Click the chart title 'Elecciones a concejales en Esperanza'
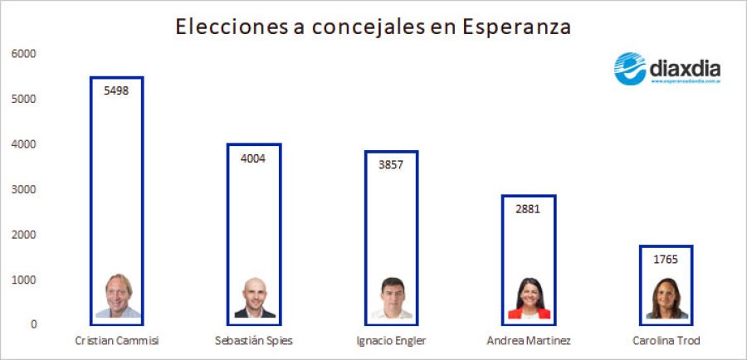pos(373,27)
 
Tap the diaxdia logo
pos(666,70)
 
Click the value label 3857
pos(391,164)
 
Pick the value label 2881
pos(528,209)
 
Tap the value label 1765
pos(665,259)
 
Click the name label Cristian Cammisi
pos(116,341)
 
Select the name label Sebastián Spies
pos(253,341)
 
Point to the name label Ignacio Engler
pos(391,341)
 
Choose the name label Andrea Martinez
pos(529,341)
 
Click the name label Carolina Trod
pos(666,341)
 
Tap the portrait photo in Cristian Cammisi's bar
pos(118,296)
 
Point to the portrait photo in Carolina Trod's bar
pos(666,299)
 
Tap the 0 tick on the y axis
pos(33,324)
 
